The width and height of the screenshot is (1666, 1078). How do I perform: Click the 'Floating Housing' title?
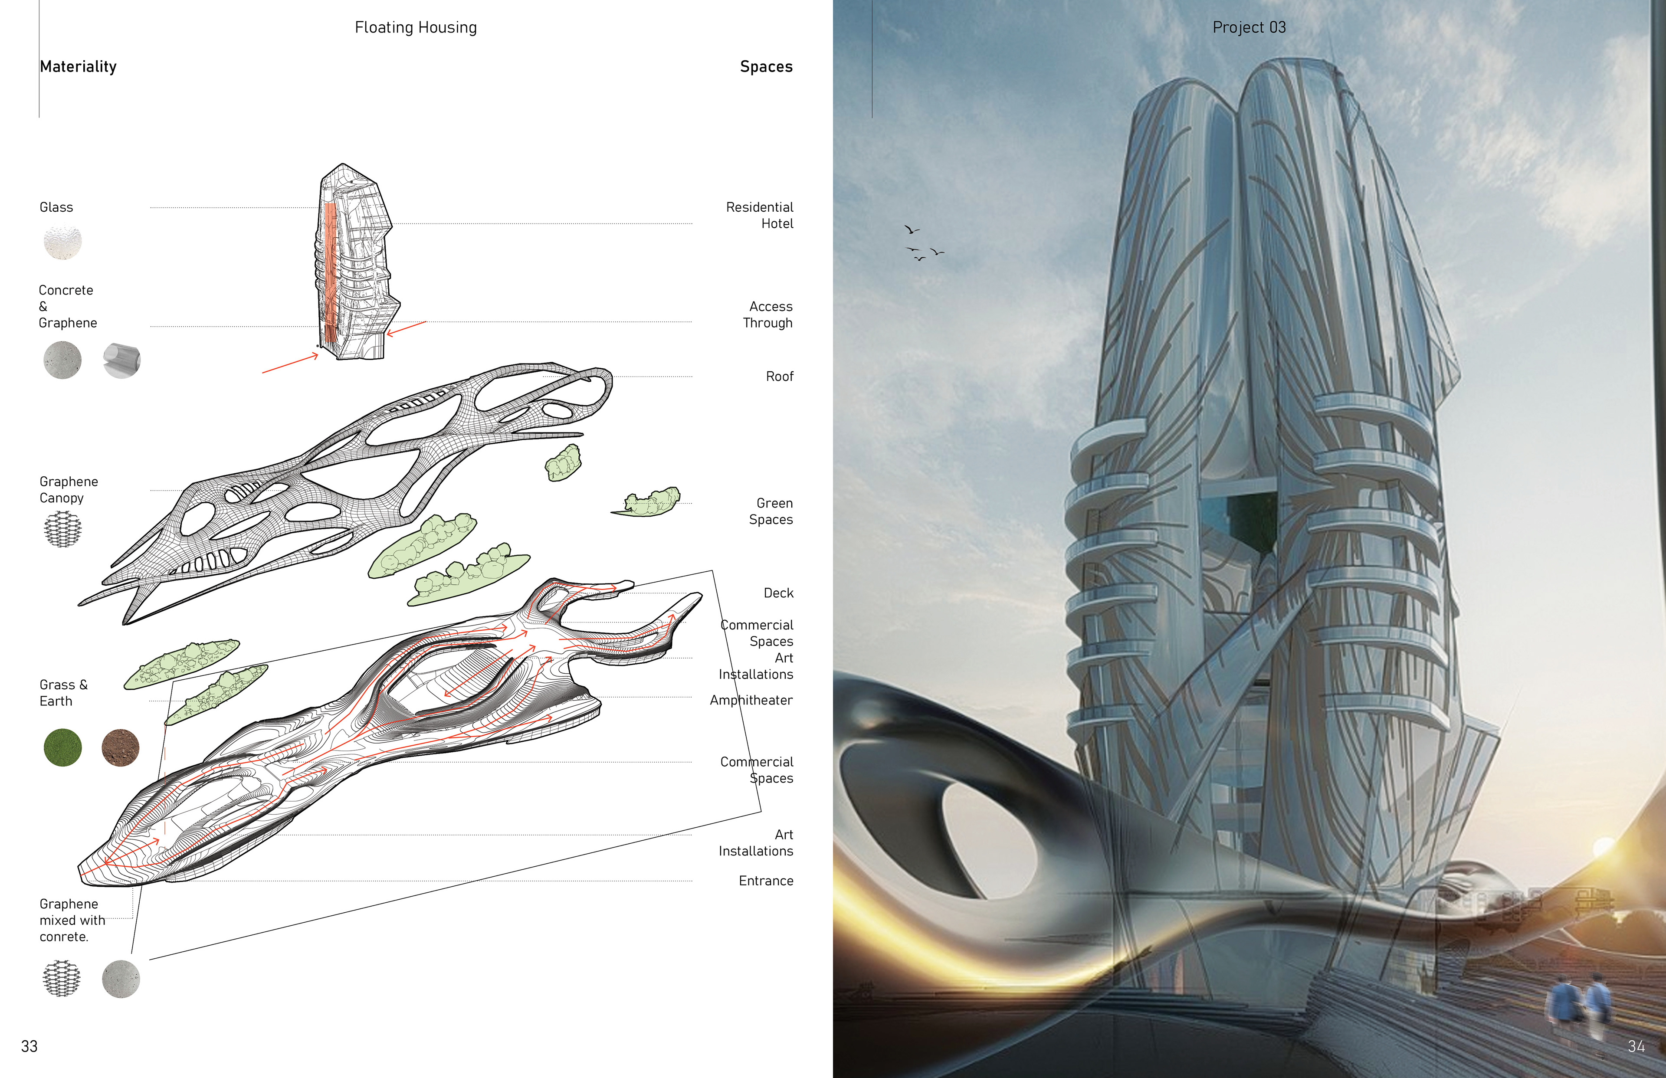416,27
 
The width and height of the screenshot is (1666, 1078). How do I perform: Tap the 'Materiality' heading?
79,66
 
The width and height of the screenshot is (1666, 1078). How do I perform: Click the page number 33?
30,1046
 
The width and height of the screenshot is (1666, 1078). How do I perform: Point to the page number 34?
1636,1046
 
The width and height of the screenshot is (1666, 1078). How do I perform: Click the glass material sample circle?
62,242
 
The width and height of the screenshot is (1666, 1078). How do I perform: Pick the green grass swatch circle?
62,747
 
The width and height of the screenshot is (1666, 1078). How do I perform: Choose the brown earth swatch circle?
121,747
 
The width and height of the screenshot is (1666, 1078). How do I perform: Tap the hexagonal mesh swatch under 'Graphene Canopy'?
62,528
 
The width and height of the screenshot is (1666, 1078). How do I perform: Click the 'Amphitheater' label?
751,700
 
